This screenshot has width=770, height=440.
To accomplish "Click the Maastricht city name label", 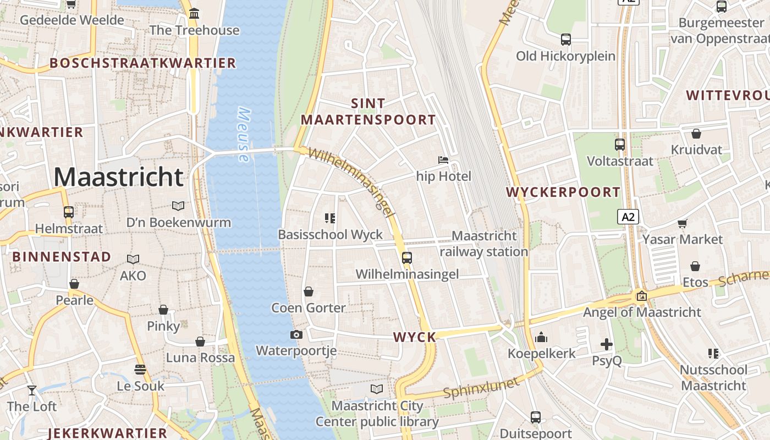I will point(118,177).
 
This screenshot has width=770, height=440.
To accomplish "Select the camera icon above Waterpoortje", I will point(296,334).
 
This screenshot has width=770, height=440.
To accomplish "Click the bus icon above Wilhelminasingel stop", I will point(407,257).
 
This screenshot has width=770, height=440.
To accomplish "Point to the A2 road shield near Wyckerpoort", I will point(628,217).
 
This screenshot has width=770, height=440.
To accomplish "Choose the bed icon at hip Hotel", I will point(443,160).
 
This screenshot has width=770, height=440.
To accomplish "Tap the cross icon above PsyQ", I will point(607,345).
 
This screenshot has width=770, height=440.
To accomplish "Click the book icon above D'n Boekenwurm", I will point(178,206).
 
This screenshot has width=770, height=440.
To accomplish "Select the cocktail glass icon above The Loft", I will point(32,390).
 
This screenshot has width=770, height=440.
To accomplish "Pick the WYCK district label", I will point(415,337).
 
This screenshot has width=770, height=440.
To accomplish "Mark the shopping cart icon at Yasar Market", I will point(683,223).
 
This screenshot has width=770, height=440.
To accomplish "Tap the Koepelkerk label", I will point(541,354).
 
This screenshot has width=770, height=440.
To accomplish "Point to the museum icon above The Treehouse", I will point(194,13).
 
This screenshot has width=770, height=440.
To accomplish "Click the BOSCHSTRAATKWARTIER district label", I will point(143,63).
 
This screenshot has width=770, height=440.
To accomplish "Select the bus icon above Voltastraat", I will point(620,145).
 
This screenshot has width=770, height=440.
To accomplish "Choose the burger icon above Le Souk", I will point(140,369).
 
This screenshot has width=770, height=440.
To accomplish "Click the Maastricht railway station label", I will point(484,244).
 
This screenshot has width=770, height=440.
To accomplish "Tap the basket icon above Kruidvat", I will point(696,134).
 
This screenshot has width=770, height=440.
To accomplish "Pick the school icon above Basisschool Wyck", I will point(330,218).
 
